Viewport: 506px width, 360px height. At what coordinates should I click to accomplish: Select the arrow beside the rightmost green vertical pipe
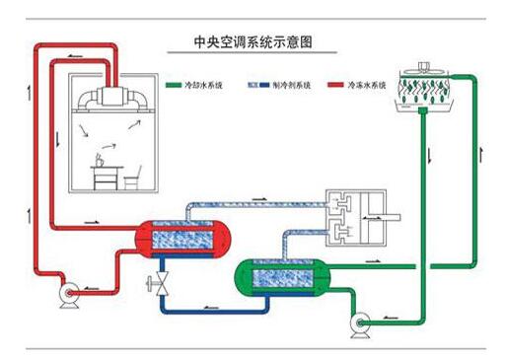pyautogui.click(x=484, y=158)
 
